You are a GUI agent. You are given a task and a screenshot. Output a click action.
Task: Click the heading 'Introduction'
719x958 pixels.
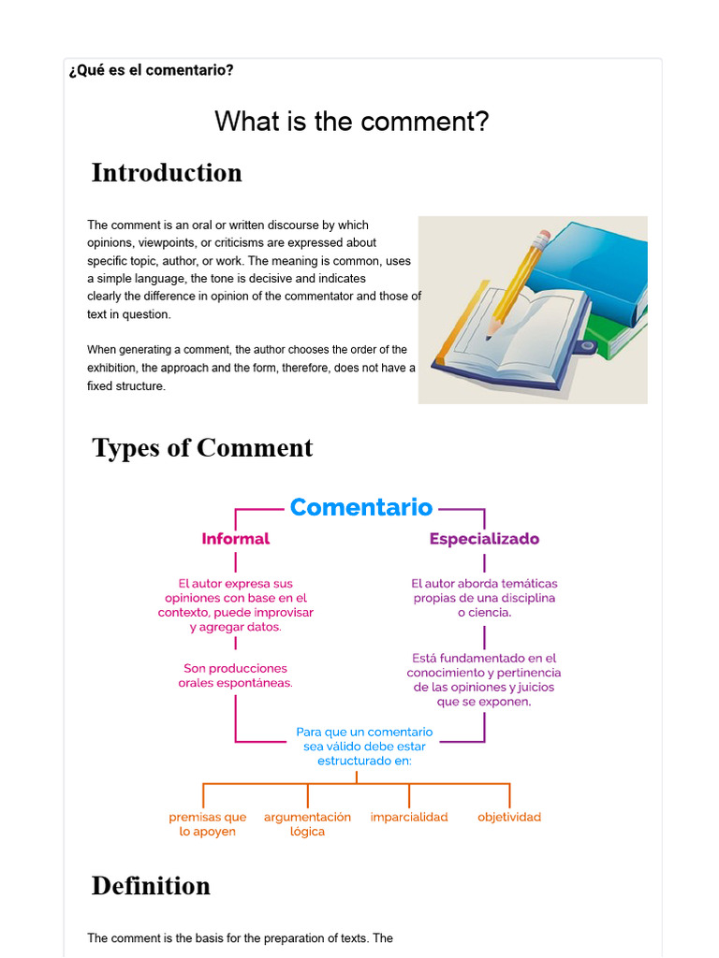point(167,173)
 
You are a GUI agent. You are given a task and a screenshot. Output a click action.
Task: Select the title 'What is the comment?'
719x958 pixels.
point(351,122)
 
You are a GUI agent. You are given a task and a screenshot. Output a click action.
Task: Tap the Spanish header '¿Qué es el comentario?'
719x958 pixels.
point(152,70)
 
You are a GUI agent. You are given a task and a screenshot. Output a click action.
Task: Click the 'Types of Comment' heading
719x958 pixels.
point(202,448)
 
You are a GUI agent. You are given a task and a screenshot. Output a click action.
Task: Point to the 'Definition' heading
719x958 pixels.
point(151,886)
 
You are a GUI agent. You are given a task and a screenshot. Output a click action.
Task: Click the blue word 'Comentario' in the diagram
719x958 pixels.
point(361,508)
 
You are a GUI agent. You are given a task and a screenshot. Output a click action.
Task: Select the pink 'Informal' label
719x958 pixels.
point(235,539)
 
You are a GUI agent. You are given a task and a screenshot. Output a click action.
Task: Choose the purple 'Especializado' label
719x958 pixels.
point(484,539)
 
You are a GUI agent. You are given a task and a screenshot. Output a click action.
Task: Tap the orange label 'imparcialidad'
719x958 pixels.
point(409,817)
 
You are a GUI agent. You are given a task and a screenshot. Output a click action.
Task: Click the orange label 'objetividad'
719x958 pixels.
point(509,817)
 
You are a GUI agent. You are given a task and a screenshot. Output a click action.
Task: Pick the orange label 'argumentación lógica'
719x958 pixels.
point(307,823)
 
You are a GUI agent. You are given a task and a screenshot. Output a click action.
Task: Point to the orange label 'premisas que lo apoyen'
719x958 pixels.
point(208,823)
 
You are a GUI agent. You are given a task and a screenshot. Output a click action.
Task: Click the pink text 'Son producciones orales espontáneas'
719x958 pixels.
point(236,675)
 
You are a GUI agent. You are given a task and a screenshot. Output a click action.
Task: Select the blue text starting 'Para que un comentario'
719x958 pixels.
point(364,746)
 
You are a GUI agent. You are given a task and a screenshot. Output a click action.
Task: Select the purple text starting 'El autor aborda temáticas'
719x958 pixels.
point(484,598)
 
